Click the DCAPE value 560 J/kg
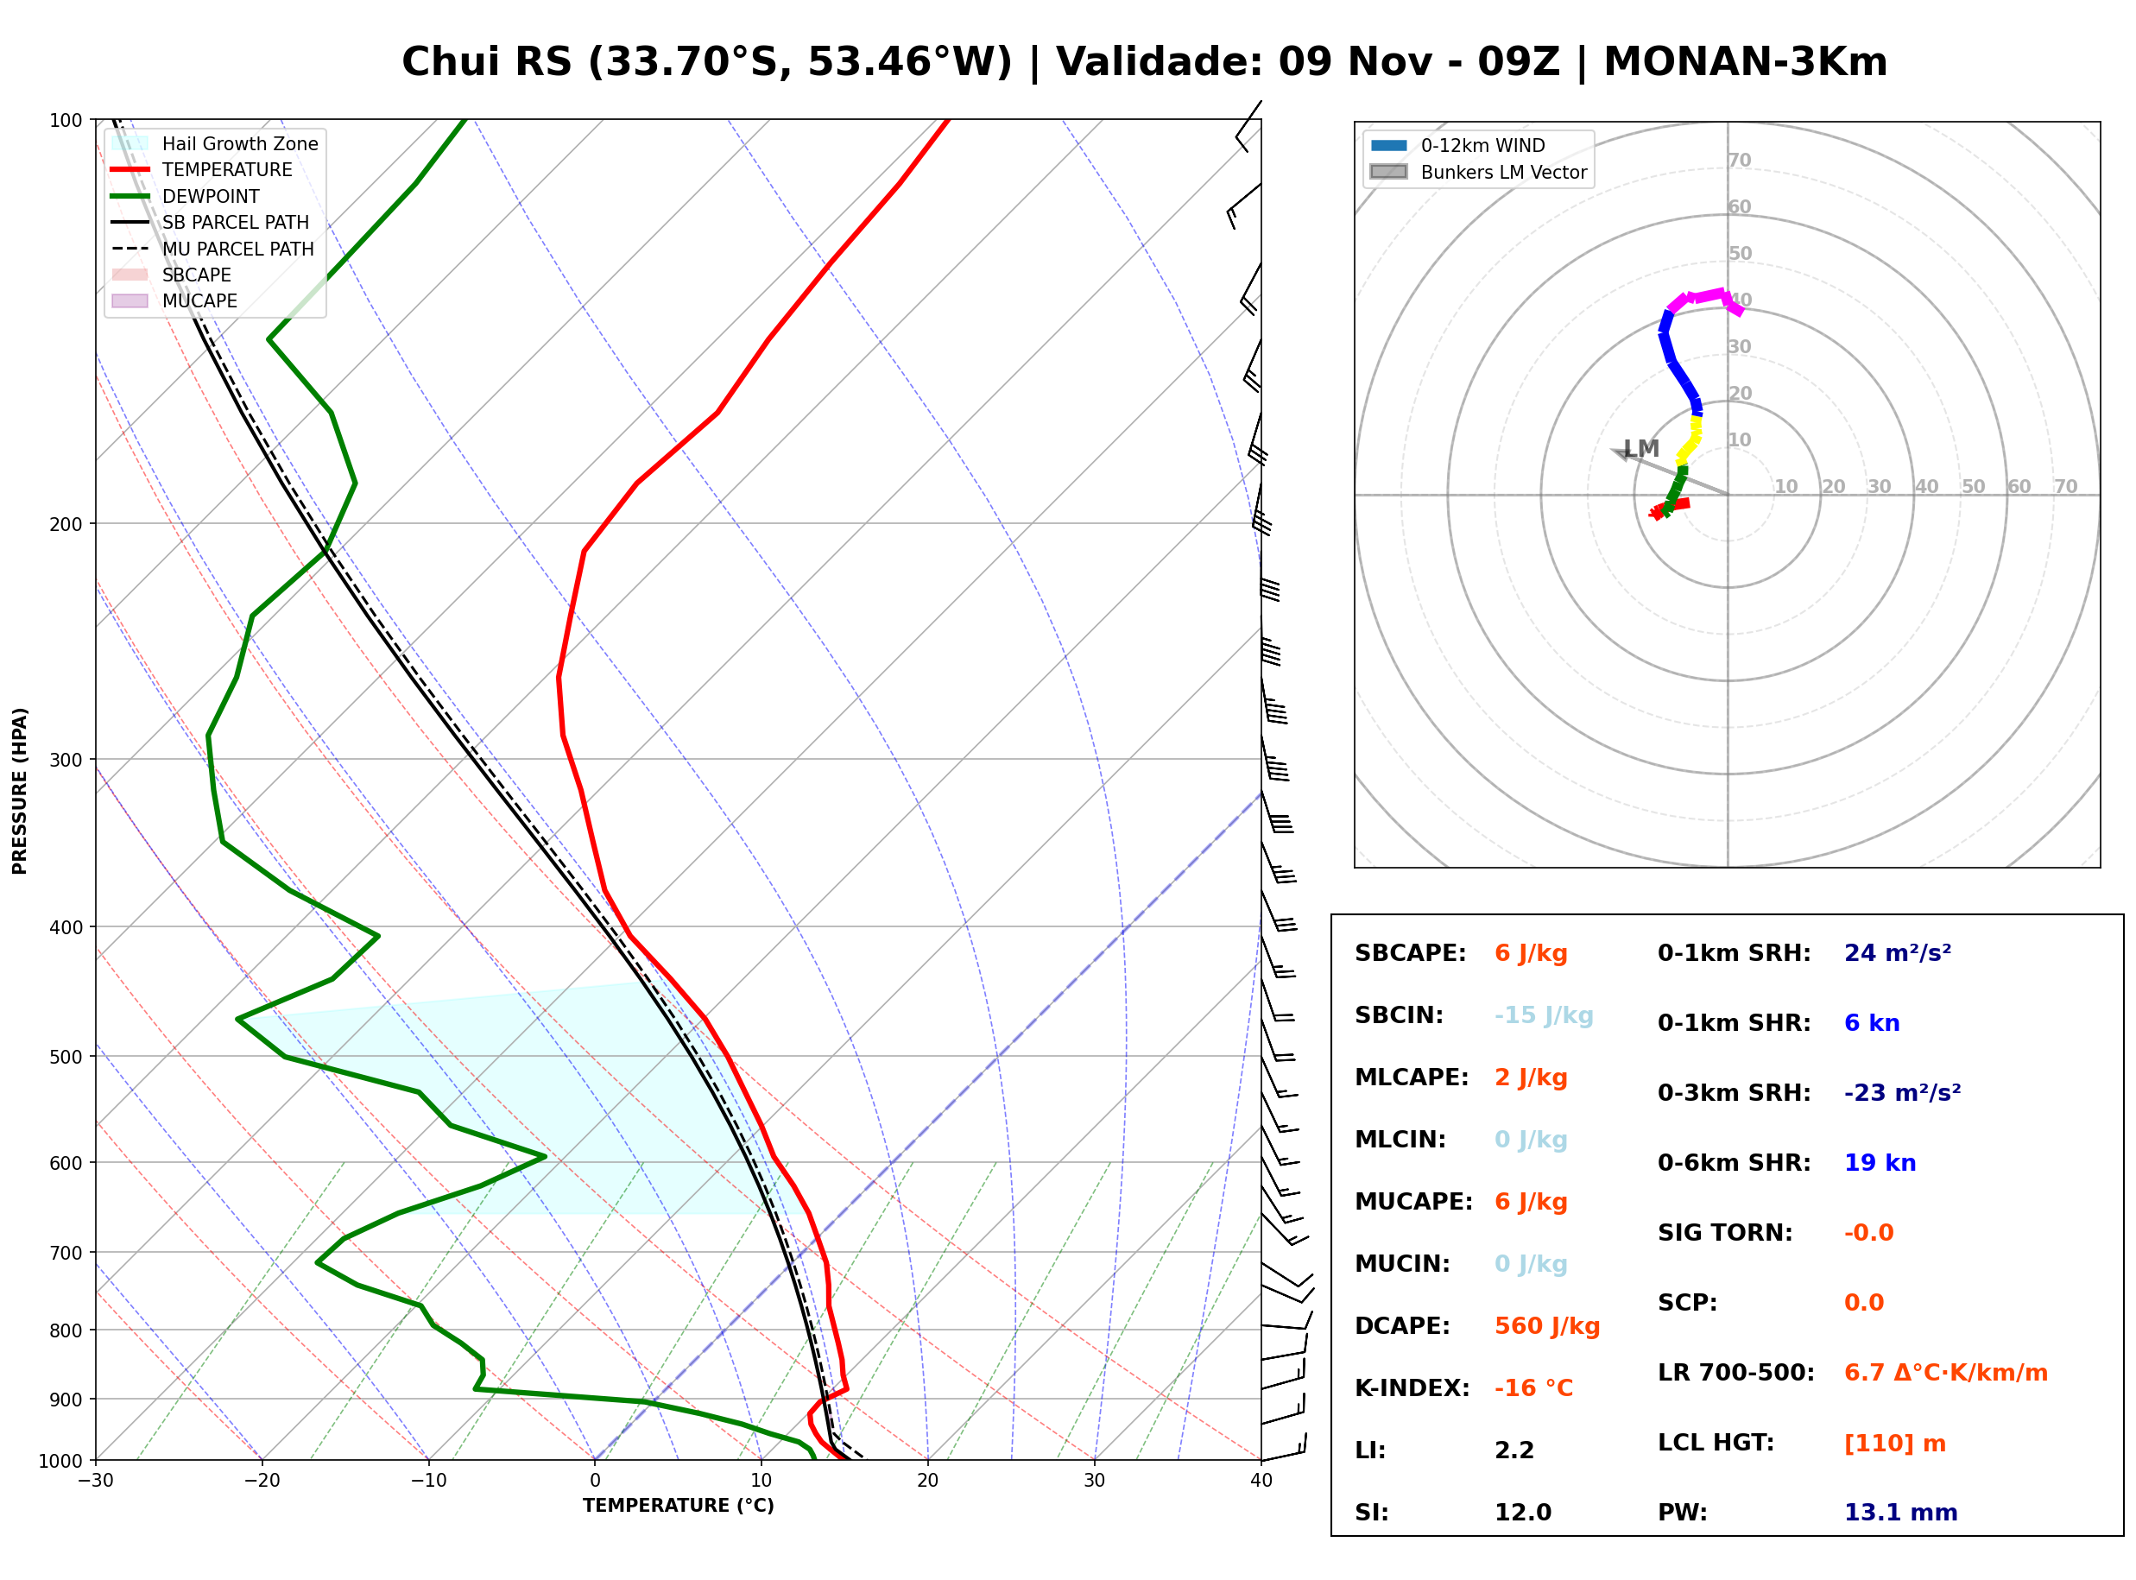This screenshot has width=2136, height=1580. [x=1546, y=1326]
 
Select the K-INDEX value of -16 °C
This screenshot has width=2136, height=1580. [x=1532, y=1388]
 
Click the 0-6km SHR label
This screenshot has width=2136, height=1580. [x=1734, y=1163]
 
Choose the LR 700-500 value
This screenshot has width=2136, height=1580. [x=1945, y=1374]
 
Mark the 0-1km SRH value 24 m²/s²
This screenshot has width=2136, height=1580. [x=1897, y=953]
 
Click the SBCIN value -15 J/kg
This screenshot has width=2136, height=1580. [x=1543, y=1015]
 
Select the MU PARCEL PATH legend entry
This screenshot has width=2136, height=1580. [x=212, y=249]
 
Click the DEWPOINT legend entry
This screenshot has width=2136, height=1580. [x=186, y=196]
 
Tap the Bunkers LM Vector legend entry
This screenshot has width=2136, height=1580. [x=1478, y=172]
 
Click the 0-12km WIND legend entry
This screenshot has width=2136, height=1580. [x=1457, y=145]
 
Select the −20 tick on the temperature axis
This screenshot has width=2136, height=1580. [x=261, y=1481]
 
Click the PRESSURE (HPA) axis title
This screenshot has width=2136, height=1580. [x=20, y=791]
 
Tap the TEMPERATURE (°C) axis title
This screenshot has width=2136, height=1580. [x=678, y=1506]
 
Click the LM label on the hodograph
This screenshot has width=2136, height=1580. [x=1640, y=449]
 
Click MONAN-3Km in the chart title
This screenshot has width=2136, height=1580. [x=1745, y=62]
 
